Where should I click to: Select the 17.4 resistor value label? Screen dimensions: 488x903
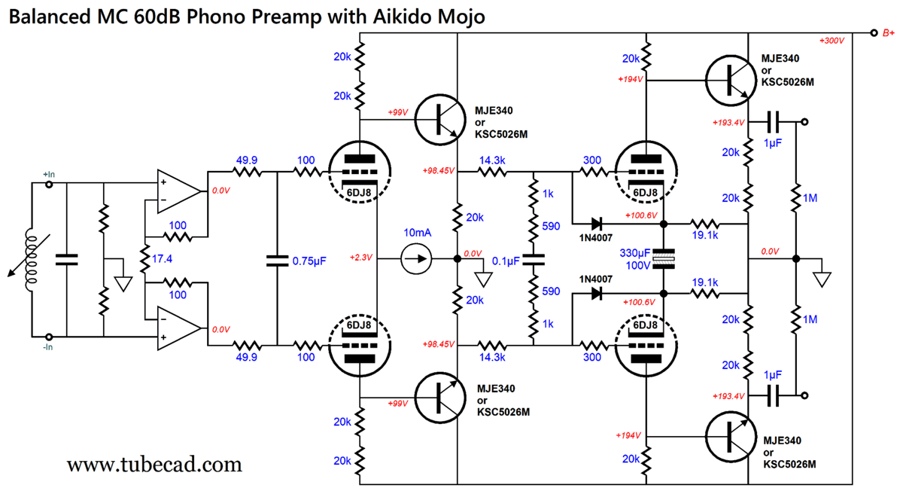[x=161, y=258]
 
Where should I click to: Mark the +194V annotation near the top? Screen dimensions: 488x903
[x=630, y=79]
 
